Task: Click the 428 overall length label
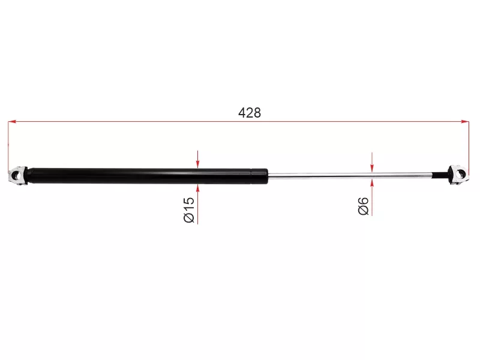pyautogui.click(x=250, y=113)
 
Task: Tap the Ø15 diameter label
pyautogui.click(x=189, y=209)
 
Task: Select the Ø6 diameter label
pyautogui.click(x=364, y=206)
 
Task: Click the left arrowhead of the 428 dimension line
pyautogui.click(x=12, y=122)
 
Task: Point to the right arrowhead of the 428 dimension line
pyautogui.click(x=464, y=122)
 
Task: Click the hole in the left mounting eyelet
pyautogui.click(x=18, y=176)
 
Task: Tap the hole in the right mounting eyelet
pyautogui.click(x=459, y=175)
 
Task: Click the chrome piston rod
pyautogui.click(x=350, y=175)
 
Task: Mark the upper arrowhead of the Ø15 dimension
pyautogui.click(x=198, y=164)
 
